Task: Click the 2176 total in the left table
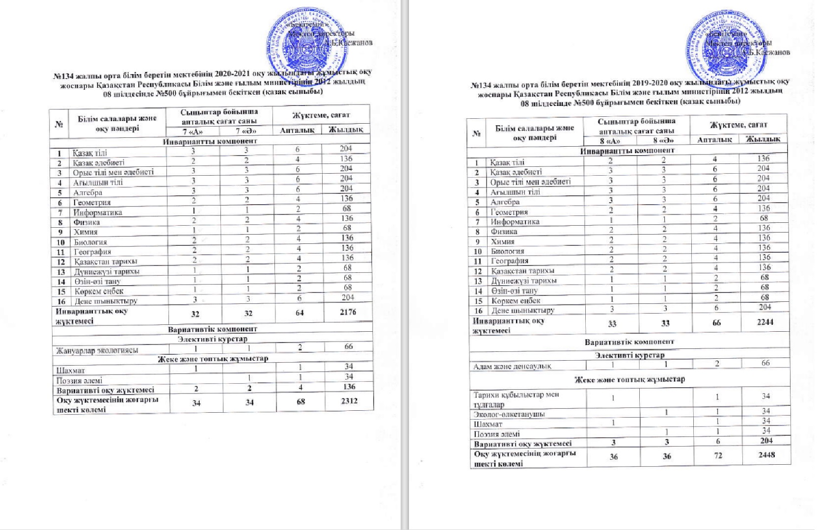pyautogui.click(x=348, y=312)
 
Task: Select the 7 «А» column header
pyautogui.click(x=192, y=131)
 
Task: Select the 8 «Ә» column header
pyautogui.click(x=663, y=140)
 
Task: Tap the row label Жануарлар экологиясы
pyautogui.click(x=97, y=350)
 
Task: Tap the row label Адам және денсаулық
pyautogui.click(x=512, y=366)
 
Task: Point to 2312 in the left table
pyautogui.click(x=349, y=401)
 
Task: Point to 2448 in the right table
pyautogui.click(x=766, y=455)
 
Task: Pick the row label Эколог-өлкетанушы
pyautogui.click(x=509, y=414)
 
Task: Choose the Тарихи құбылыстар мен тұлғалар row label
pyautogui.click(x=516, y=399)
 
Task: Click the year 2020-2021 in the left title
pyautogui.click(x=233, y=75)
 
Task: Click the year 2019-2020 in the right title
pyautogui.click(x=650, y=83)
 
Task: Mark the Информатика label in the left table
pyautogui.click(x=98, y=212)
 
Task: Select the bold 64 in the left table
pyautogui.click(x=300, y=313)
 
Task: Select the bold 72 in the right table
pyautogui.click(x=718, y=456)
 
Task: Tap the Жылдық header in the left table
pyautogui.click(x=346, y=130)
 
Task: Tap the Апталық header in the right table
pyautogui.click(x=714, y=140)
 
